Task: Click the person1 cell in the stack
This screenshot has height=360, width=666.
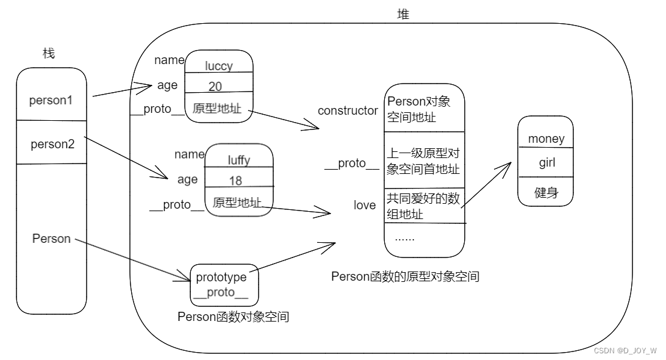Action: [x=51, y=100]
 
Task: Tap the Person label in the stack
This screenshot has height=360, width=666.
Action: [x=51, y=239]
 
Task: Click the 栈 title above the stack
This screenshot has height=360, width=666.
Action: [x=49, y=54]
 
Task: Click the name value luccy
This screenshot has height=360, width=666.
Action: [x=218, y=66]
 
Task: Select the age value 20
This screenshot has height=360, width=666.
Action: [x=215, y=86]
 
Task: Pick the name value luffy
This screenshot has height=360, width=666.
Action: [x=238, y=160]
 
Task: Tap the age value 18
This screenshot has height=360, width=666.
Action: [x=235, y=181]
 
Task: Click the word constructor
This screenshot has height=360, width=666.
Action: [x=348, y=110]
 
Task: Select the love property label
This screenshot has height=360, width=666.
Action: [x=364, y=205]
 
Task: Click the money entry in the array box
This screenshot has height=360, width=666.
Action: [x=546, y=139]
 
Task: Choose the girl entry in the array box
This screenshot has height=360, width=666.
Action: [x=546, y=164]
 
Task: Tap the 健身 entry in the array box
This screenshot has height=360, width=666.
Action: [x=546, y=193]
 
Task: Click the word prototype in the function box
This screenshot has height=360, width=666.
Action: [x=221, y=277]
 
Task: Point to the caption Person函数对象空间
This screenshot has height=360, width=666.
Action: [x=233, y=317]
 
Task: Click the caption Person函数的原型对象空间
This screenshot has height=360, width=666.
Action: [x=405, y=276]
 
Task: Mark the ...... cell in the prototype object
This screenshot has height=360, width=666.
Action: [x=404, y=237]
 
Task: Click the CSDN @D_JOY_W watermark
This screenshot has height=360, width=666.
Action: [x=625, y=351]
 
